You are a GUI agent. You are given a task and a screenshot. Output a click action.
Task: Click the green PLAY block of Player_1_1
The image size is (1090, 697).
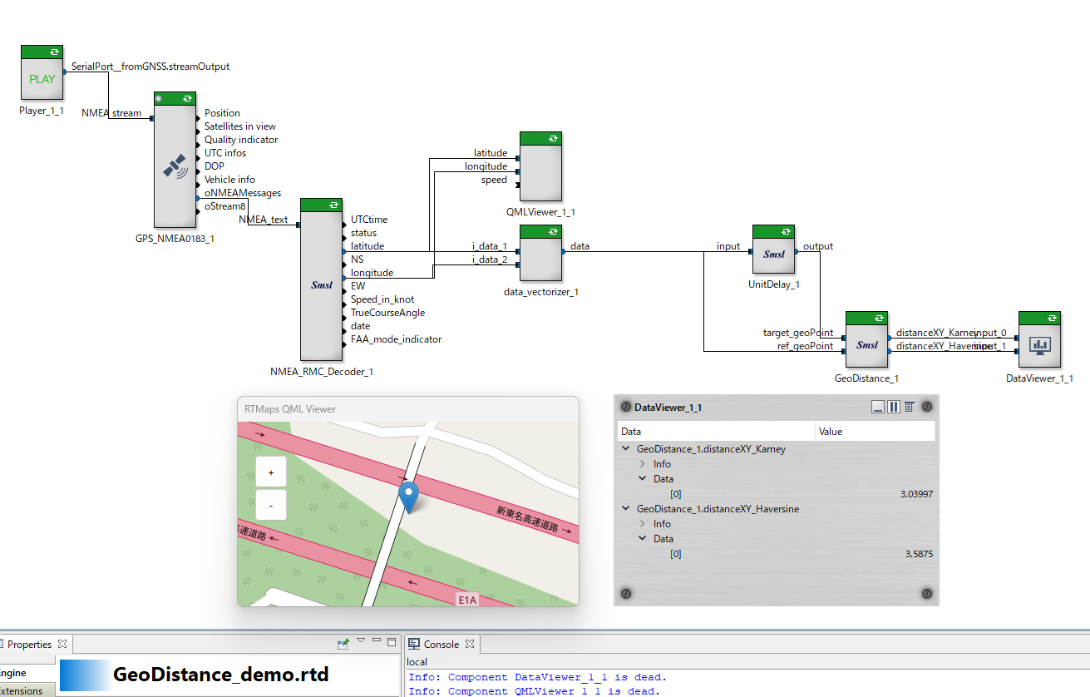(42, 79)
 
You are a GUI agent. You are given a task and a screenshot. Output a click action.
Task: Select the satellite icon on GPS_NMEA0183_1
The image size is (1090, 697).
(175, 166)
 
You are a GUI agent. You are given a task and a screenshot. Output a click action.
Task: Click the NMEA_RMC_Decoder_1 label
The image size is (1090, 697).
(322, 372)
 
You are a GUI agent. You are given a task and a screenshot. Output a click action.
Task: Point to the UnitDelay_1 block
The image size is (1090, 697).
(773, 255)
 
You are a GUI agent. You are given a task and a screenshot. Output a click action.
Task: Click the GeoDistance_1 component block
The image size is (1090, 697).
(866, 344)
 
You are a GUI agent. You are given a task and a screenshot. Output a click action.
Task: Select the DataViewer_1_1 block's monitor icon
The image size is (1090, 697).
(1039, 344)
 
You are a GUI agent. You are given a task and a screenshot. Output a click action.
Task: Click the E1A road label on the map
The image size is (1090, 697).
(468, 599)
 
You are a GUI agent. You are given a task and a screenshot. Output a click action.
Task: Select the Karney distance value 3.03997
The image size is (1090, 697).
(915, 494)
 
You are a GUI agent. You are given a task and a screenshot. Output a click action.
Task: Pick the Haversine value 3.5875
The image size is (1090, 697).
(919, 554)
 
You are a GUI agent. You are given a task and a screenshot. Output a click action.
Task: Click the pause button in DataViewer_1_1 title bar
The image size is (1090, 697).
(894, 407)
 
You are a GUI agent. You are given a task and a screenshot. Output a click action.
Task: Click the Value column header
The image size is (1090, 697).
(831, 432)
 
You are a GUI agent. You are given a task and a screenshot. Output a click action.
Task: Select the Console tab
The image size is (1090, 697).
(441, 645)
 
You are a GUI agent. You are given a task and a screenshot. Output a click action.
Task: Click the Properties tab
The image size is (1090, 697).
(29, 645)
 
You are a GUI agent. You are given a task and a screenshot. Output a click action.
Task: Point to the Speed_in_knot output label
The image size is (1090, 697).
(382, 299)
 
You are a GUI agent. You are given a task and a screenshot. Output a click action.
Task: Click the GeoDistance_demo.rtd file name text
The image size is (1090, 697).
(220, 675)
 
